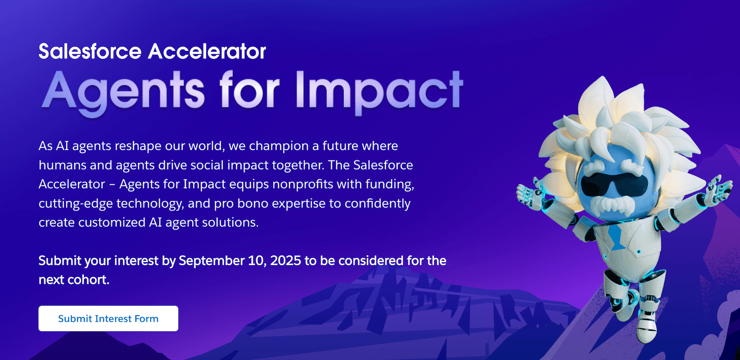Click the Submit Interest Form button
point(108,319)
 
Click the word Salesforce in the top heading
point(90,51)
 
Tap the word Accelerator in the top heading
point(207,51)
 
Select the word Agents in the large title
point(123,90)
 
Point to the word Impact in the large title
point(379,90)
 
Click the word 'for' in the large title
point(249,90)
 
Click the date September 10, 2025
point(240,260)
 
